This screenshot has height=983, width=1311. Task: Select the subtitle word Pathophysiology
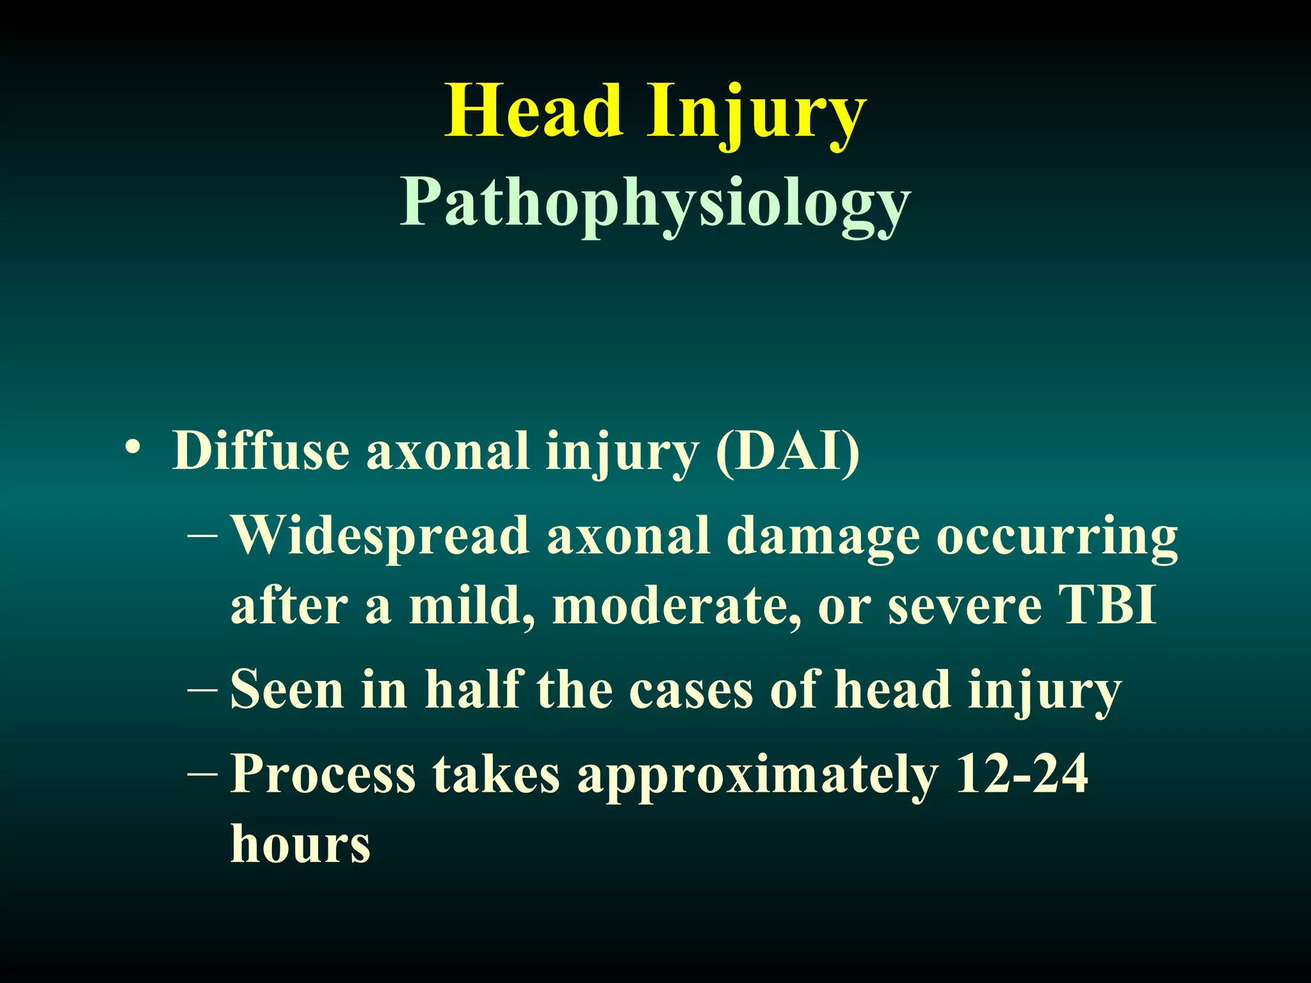tap(655, 204)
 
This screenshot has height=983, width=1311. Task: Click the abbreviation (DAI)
tap(787, 451)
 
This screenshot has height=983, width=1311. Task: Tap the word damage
tap(823, 538)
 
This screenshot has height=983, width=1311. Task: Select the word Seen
tap(287, 690)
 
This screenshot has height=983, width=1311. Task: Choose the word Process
tap(323, 774)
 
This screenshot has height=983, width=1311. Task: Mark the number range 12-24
tap(1021, 773)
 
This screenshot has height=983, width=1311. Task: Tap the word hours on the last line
tap(300, 843)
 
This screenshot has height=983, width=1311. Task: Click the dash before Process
tap(203, 774)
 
